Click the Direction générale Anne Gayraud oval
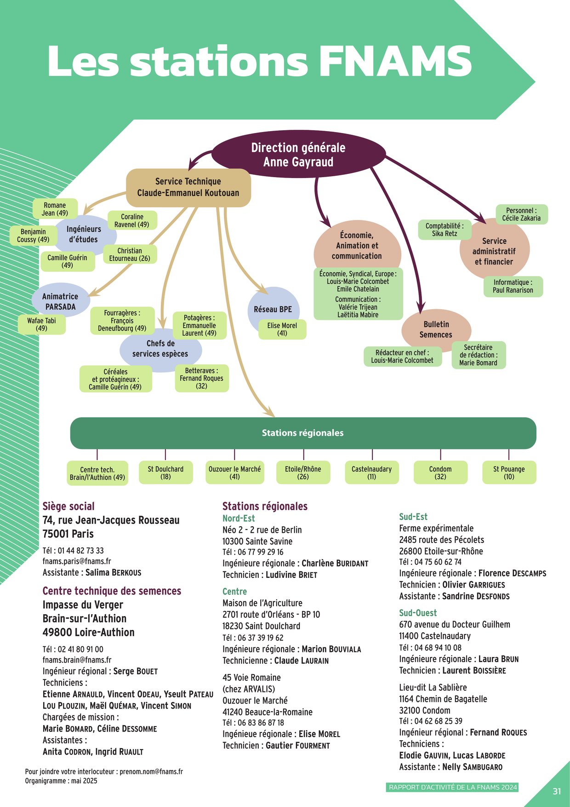click(298, 155)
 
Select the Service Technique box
click(188, 187)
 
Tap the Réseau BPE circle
click(273, 309)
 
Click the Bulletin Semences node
click(436, 329)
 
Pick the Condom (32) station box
click(440, 473)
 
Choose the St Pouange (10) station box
click(509, 473)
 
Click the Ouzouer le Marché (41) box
click(234, 473)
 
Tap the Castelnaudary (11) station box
click(371, 473)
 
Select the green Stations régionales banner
click(303, 433)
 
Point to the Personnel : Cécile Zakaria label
click(521, 214)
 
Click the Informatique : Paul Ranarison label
click(513, 286)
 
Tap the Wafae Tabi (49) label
click(41, 324)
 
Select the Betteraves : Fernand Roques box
click(201, 378)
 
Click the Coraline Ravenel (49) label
click(132, 220)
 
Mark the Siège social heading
click(68, 507)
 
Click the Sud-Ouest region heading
click(418, 613)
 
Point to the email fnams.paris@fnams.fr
click(77, 561)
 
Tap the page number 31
click(557, 791)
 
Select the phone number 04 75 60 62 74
click(438, 562)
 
